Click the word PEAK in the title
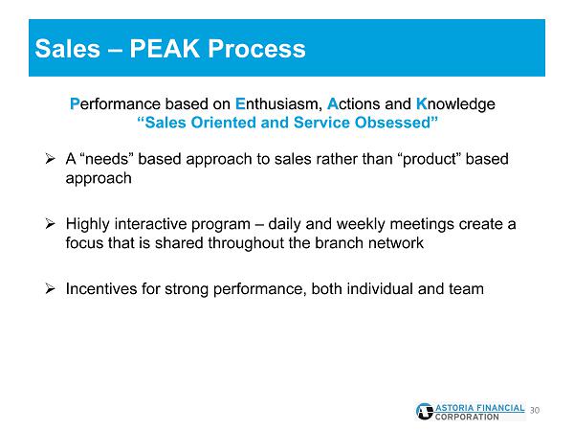click(165, 49)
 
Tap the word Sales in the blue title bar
click(67, 49)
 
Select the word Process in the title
click(257, 49)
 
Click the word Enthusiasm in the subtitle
click(278, 103)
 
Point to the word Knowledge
click(455, 104)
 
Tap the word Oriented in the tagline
click(223, 122)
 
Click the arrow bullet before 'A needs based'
click(50, 159)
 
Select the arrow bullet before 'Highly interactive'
click(50, 223)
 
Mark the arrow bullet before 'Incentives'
click(50, 289)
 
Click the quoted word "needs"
click(106, 159)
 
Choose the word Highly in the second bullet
click(87, 224)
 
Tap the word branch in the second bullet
click(340, 242)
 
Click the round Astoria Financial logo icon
click(425, 411)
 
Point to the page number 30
click(535, 410)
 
